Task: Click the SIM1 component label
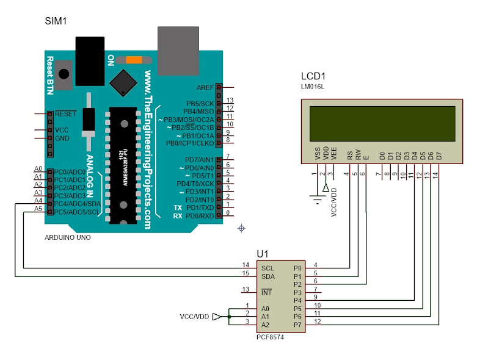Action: point(56,21)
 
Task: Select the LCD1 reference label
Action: point(313,76)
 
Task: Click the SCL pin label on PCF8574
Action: point(268,268)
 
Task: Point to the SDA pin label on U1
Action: point(268,276)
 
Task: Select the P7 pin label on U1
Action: point(297,325)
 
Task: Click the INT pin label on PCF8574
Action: point(266,292)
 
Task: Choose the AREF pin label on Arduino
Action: point(205,88)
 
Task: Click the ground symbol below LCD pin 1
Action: point(316,198)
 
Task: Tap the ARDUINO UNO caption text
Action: point(68,237)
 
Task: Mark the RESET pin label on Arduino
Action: point(65,114)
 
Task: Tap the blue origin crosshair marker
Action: point(241,228)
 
